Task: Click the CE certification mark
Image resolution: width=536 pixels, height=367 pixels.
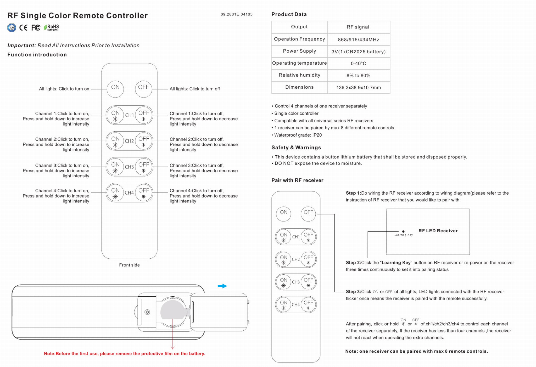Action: [23, 27]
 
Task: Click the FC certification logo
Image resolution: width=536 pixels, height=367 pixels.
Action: [36, 27]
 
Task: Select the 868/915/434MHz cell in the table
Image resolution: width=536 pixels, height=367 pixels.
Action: [358, 39]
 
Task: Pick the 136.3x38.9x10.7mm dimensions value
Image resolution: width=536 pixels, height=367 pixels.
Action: [358, 87]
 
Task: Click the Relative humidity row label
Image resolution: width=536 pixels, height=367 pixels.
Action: [299, 75]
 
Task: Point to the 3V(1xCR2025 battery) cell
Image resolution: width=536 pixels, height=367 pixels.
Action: [358, 52]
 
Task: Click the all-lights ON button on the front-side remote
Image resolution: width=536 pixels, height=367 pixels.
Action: [115, 89]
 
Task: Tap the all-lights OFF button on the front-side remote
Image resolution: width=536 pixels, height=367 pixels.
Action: [143, 89]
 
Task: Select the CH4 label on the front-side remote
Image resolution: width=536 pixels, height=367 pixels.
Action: [129, 193]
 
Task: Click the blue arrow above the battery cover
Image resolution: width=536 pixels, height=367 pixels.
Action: [222, 286]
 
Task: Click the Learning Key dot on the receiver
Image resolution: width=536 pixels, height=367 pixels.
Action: [403, 231]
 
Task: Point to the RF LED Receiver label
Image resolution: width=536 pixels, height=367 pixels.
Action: [438, 231]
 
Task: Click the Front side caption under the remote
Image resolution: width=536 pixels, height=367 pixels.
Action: [129, 265]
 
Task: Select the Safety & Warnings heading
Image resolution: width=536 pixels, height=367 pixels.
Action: [296, 148]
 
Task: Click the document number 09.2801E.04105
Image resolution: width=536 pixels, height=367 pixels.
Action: [236, 14]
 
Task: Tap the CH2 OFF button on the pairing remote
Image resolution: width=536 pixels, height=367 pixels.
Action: [308, 259]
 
